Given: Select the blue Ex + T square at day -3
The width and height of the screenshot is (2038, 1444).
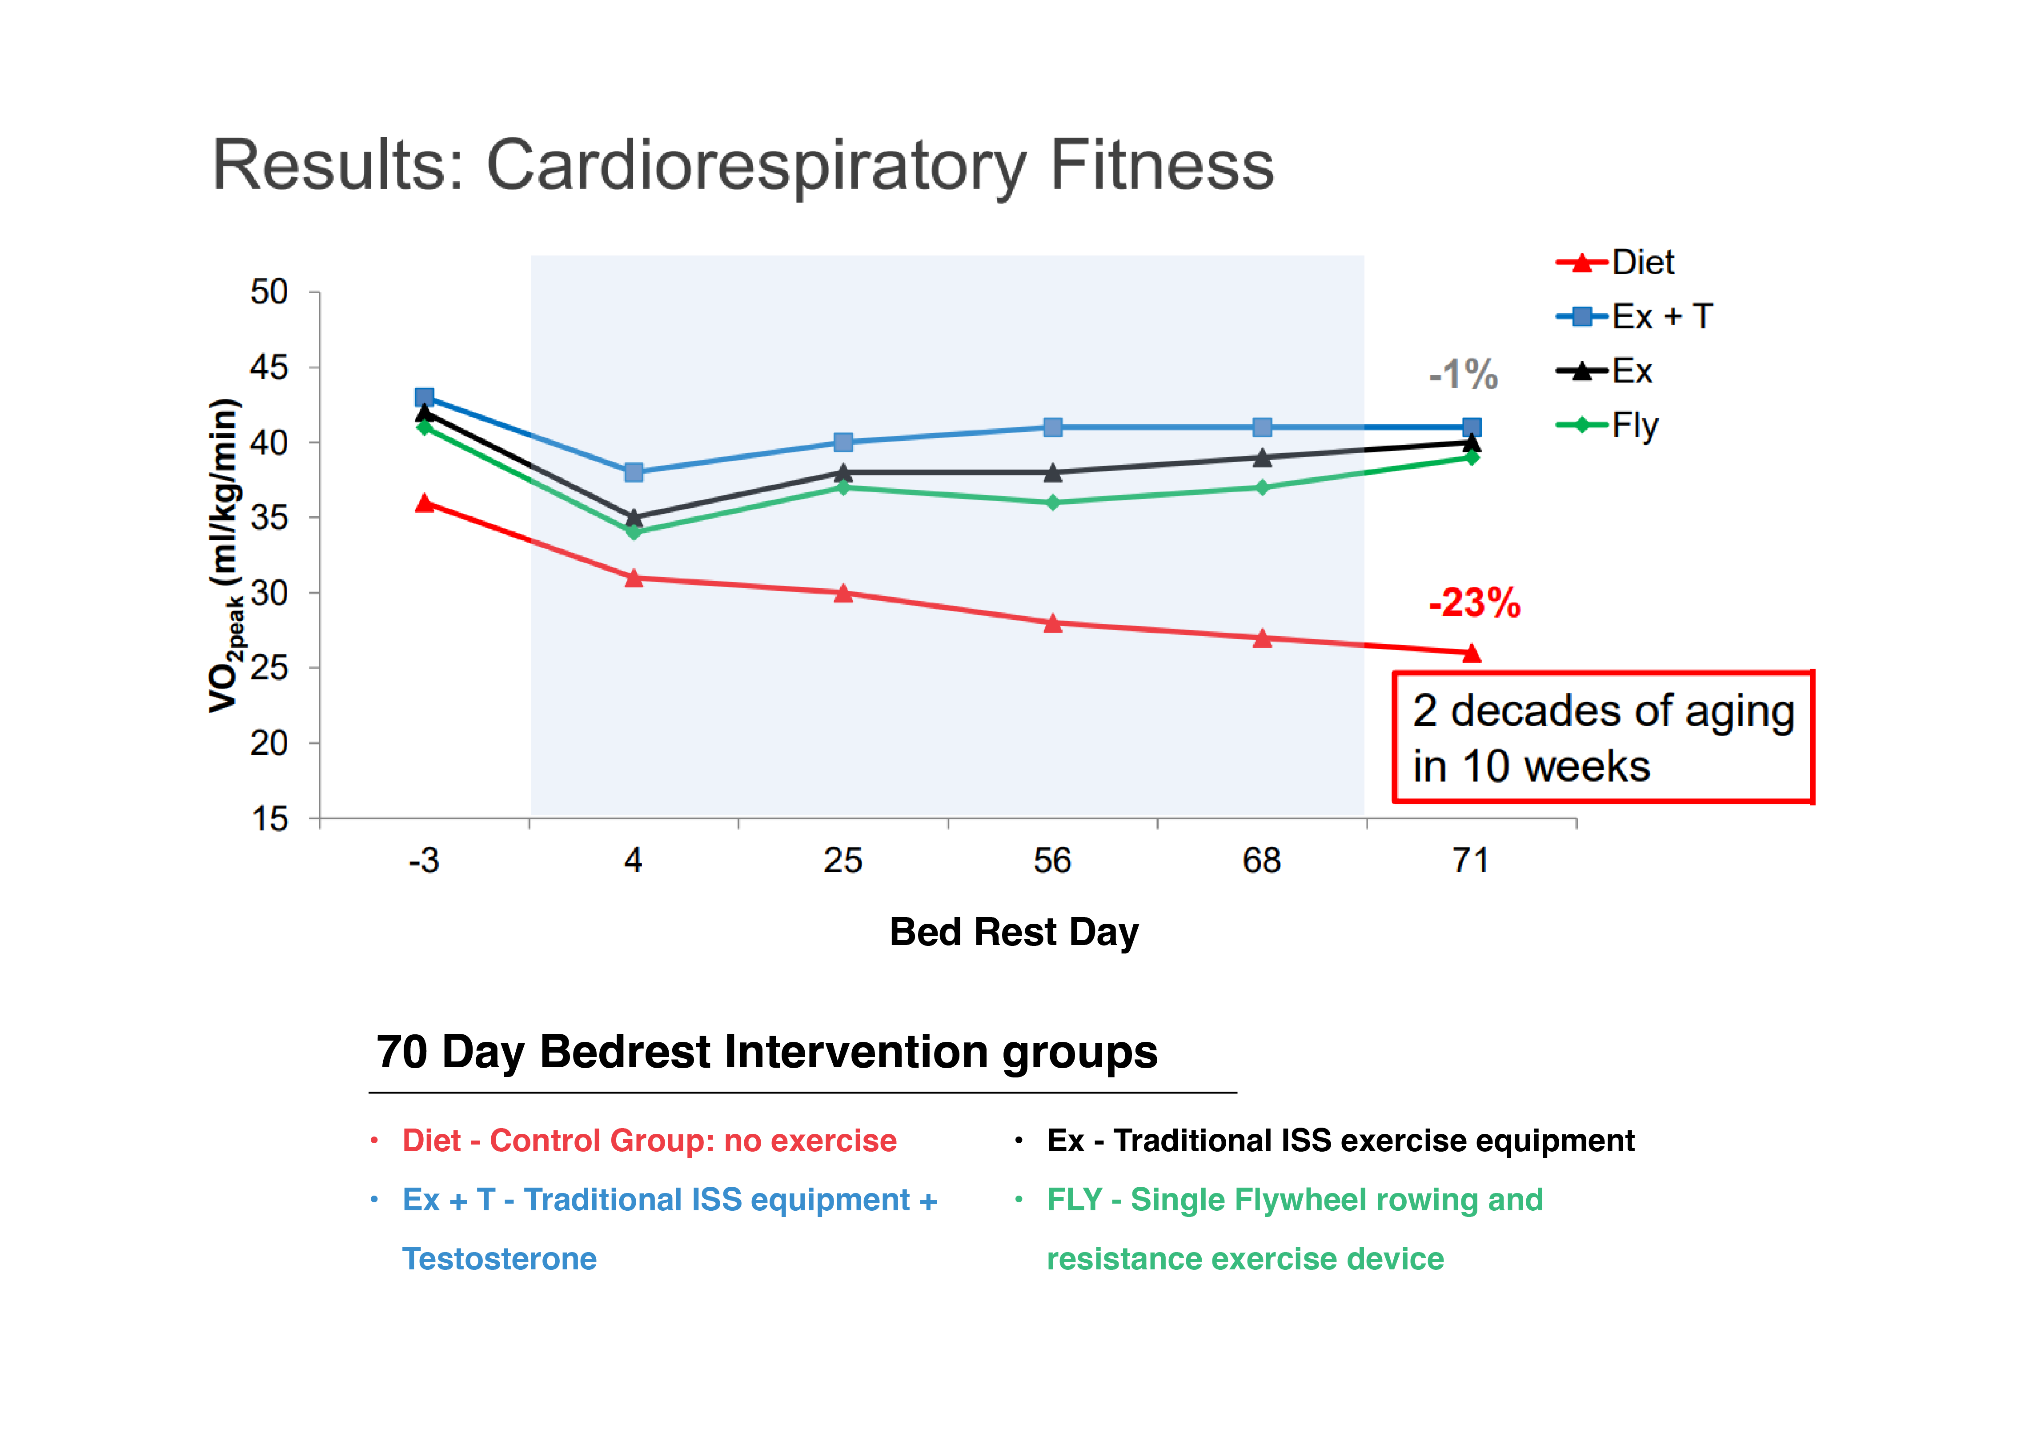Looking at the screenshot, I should coord(424,397).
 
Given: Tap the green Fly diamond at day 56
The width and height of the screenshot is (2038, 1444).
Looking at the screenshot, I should coord(1052,503).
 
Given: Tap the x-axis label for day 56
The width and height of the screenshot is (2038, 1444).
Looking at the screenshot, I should coord(1052,861).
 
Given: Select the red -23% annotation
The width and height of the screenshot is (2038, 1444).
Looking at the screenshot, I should coord(1474,603).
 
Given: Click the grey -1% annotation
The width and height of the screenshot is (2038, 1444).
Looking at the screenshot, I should coord(1463,375).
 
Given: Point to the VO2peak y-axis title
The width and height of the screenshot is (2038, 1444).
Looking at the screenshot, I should coord(225,556).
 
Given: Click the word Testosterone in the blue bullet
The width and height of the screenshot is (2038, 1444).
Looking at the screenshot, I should coord(499,1259).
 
